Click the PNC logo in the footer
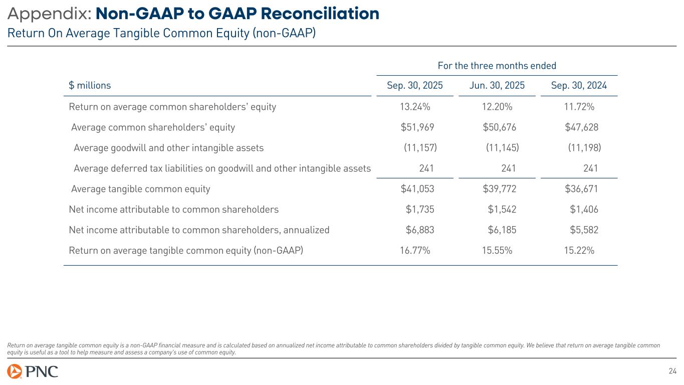pos(33,371)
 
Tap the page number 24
pos(672,371)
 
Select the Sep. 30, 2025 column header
pos(415,85)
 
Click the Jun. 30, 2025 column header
pos(497,85)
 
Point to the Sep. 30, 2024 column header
pos(579,85)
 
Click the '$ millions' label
pos(90,85)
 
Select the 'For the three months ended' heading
pos(497,66)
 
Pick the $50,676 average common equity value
pos(499,127)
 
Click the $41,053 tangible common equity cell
pos(417,189)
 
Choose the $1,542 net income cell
pos(502,210)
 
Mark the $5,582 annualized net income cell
pos(584,230)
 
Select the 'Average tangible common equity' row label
pos(141,189)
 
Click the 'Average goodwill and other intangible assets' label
pos(168,148)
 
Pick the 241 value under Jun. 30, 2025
pos(509,168)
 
